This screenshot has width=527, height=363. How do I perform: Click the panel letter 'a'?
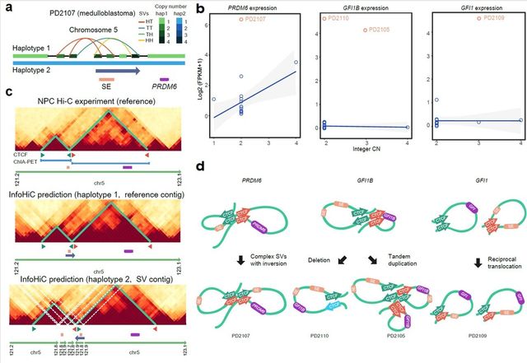pyautogui.click(x=7, y=7)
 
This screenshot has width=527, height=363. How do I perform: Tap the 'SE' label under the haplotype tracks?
pyautogui.click(x=108, y=86)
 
